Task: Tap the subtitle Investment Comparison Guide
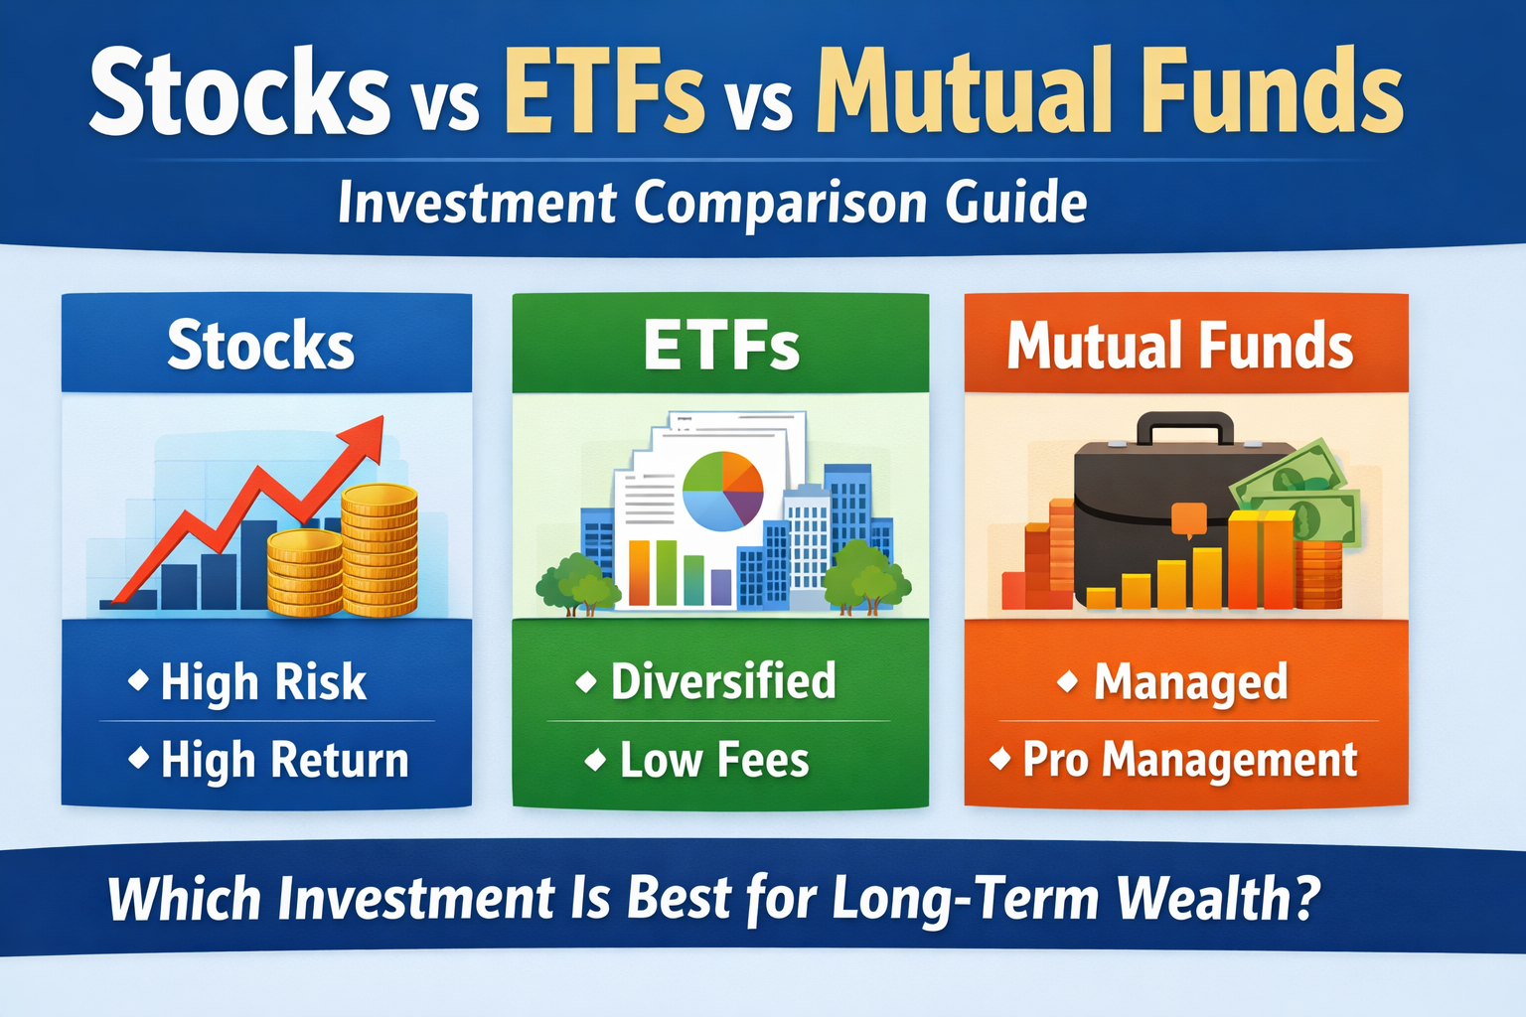[712, 203]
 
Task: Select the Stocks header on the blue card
[260, 346]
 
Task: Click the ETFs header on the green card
[721, 346]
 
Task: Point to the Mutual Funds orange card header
[1180, 346]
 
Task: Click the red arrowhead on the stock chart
[365, 438]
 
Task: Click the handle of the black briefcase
[1184, 428]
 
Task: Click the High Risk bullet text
[263, 682]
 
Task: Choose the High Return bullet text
[284, 760]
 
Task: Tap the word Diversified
[723, 681]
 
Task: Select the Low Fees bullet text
[714, 761]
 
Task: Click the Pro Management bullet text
[1189, 761]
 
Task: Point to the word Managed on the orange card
[1190, 682]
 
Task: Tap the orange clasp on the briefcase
[1188, 518]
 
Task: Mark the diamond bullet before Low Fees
[595, 761]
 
